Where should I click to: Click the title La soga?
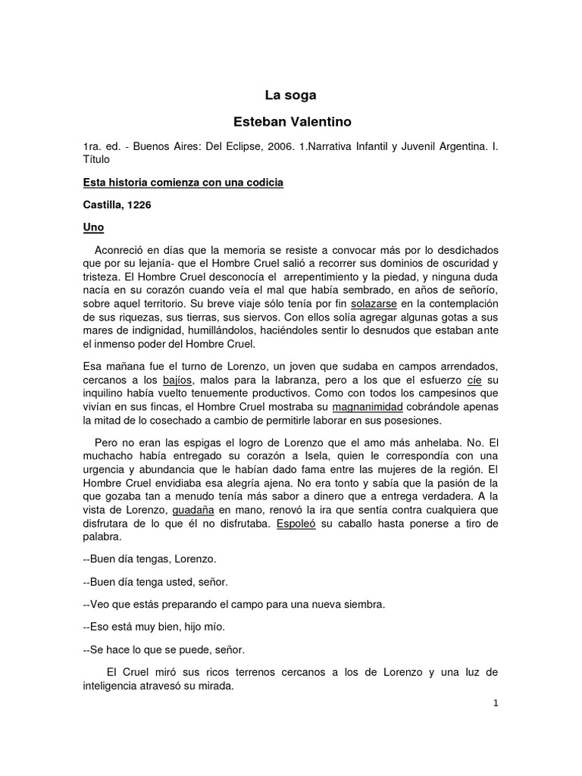coord(290,95)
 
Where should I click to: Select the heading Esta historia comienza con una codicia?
coord(182,183)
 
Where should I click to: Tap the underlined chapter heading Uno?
coord(92,227)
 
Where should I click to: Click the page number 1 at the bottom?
coord(495,703)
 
